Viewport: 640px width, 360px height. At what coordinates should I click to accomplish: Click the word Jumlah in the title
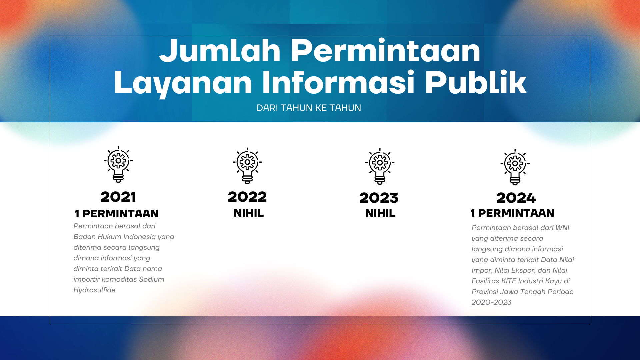click(x=220, y=51)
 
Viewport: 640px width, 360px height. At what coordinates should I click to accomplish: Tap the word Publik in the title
click(x=476, y=82)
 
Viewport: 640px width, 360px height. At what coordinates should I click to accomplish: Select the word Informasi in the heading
click(x=338, y=82)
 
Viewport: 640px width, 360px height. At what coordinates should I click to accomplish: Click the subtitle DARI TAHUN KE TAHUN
click(x=309, y=108)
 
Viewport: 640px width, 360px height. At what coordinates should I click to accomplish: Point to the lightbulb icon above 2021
click(x=118, y=164)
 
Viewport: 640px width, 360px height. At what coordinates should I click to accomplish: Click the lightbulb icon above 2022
click(x=247, y=166)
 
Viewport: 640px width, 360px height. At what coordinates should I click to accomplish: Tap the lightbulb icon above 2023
click(x=380, y=166)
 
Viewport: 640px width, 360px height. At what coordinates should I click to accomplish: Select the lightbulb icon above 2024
click(x=515, y=167)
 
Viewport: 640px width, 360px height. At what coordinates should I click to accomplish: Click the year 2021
click(x=118, y=197)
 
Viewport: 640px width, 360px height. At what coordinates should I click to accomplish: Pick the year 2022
click(x=247, y=197)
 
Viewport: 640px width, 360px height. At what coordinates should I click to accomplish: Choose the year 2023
click(x=379, y=198)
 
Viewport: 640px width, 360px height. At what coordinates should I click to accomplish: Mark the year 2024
click(x=516, y=198)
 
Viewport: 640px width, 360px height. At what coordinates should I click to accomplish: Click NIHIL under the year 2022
click(x=249, y=213)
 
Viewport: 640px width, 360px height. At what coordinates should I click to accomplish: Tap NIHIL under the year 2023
click(x=380, y=213)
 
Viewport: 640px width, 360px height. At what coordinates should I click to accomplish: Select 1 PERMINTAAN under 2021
click(x=117, y=214)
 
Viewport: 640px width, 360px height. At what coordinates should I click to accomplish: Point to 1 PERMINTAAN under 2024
click(x=512, y=213)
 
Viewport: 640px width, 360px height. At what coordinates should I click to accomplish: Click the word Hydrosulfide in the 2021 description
click(x=95, y=290)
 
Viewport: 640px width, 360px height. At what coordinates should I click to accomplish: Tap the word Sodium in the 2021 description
click(x=152, y=279)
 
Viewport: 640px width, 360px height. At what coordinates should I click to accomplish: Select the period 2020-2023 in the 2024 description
click(x=492, y=302)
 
